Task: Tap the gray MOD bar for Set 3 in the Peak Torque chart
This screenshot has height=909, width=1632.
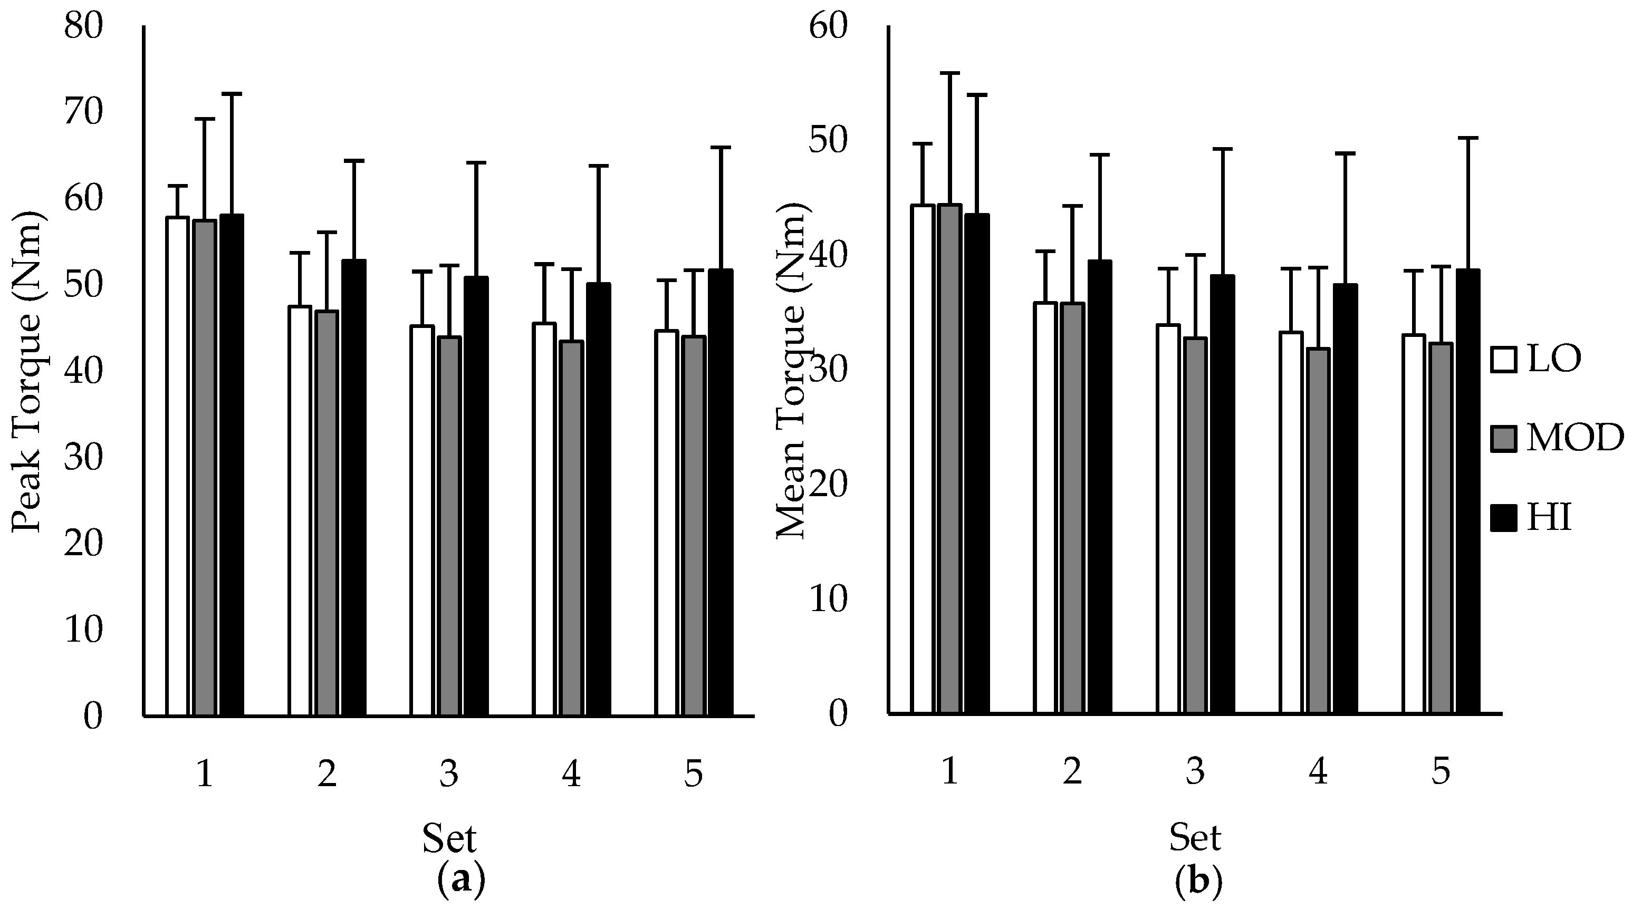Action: click(450, 526)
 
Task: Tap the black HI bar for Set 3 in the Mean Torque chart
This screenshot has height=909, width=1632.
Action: click(1223, 495)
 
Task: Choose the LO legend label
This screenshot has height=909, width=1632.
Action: click(1553, 359)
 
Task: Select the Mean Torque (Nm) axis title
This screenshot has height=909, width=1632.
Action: click(791, 374)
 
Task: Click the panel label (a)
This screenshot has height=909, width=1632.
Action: click(461, 881)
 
